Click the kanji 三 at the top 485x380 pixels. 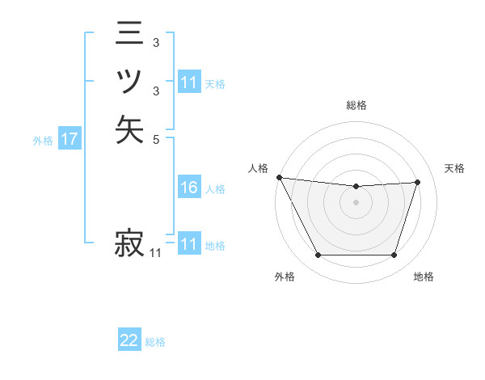(129, 35)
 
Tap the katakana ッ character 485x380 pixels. (129, 82)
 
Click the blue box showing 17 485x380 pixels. (69, 140)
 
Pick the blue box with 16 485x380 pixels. (188, 188)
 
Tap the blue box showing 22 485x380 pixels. (129, 341)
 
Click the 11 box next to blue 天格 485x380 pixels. (188, 82)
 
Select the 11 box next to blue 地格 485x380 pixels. (188, 244)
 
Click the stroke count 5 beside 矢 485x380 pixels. (156, 139)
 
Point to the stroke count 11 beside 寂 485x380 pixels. (156, 253)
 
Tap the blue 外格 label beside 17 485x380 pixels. (43, 141)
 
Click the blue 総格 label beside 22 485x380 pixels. (155, 342)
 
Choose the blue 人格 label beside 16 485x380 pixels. (215, 189)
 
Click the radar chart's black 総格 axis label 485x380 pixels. (356, 105)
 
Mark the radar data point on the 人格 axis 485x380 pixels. (279, 177)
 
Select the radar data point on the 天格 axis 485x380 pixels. (418, 182)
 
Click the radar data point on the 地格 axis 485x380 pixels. (394, 255)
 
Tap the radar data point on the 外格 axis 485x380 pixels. (318, 255)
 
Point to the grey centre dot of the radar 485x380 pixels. (356, 202)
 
